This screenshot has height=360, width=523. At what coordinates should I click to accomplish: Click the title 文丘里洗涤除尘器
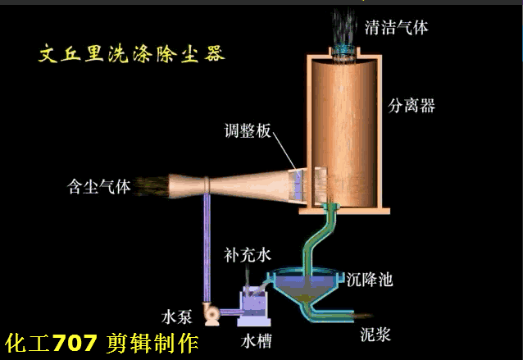[132, 55]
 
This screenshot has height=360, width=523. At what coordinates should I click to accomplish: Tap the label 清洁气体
[396, 28]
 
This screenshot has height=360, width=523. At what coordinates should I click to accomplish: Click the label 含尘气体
[99, 187]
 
